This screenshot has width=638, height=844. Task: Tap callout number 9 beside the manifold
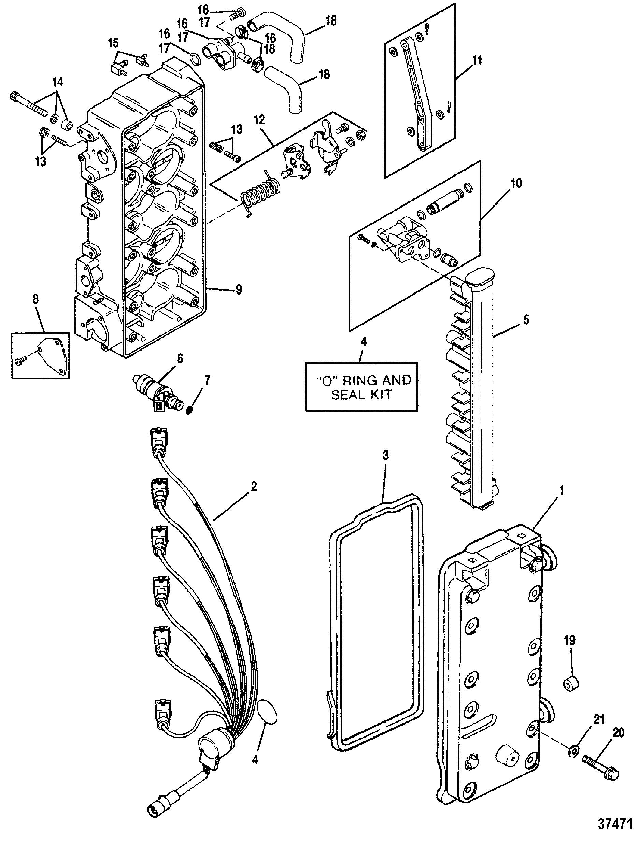click(238, 290)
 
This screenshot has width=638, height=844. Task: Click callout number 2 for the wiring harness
click(254, 486)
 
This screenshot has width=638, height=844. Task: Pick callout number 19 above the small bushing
click(570, 641)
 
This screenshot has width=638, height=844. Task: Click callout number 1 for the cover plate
click(561, 490)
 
